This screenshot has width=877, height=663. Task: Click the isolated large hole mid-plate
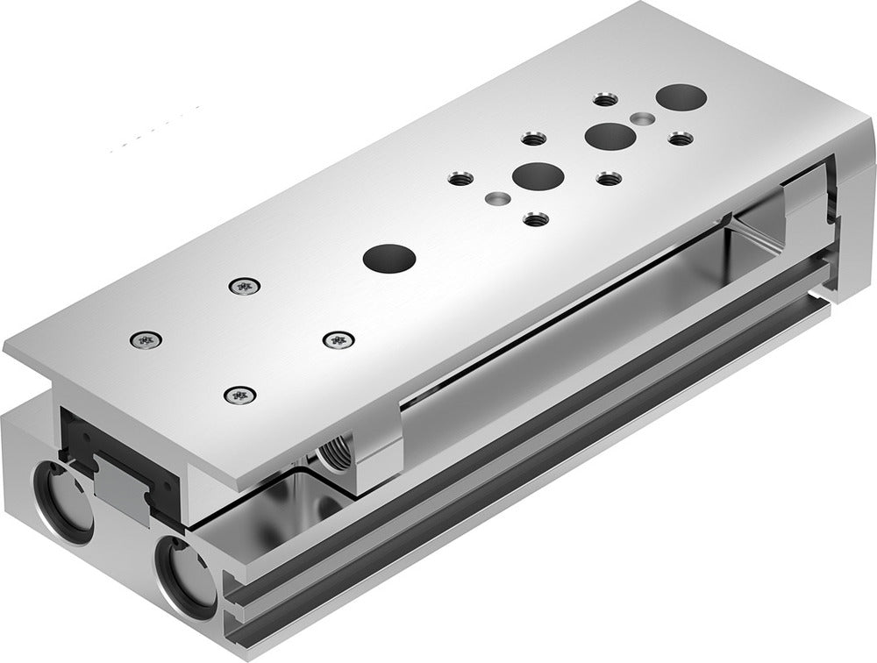coord(388,258)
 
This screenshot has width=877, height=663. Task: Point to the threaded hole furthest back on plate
coord(603,99)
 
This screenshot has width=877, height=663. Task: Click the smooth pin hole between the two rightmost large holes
coord(645,117)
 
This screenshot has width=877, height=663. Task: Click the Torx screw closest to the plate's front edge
coord(238,396)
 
